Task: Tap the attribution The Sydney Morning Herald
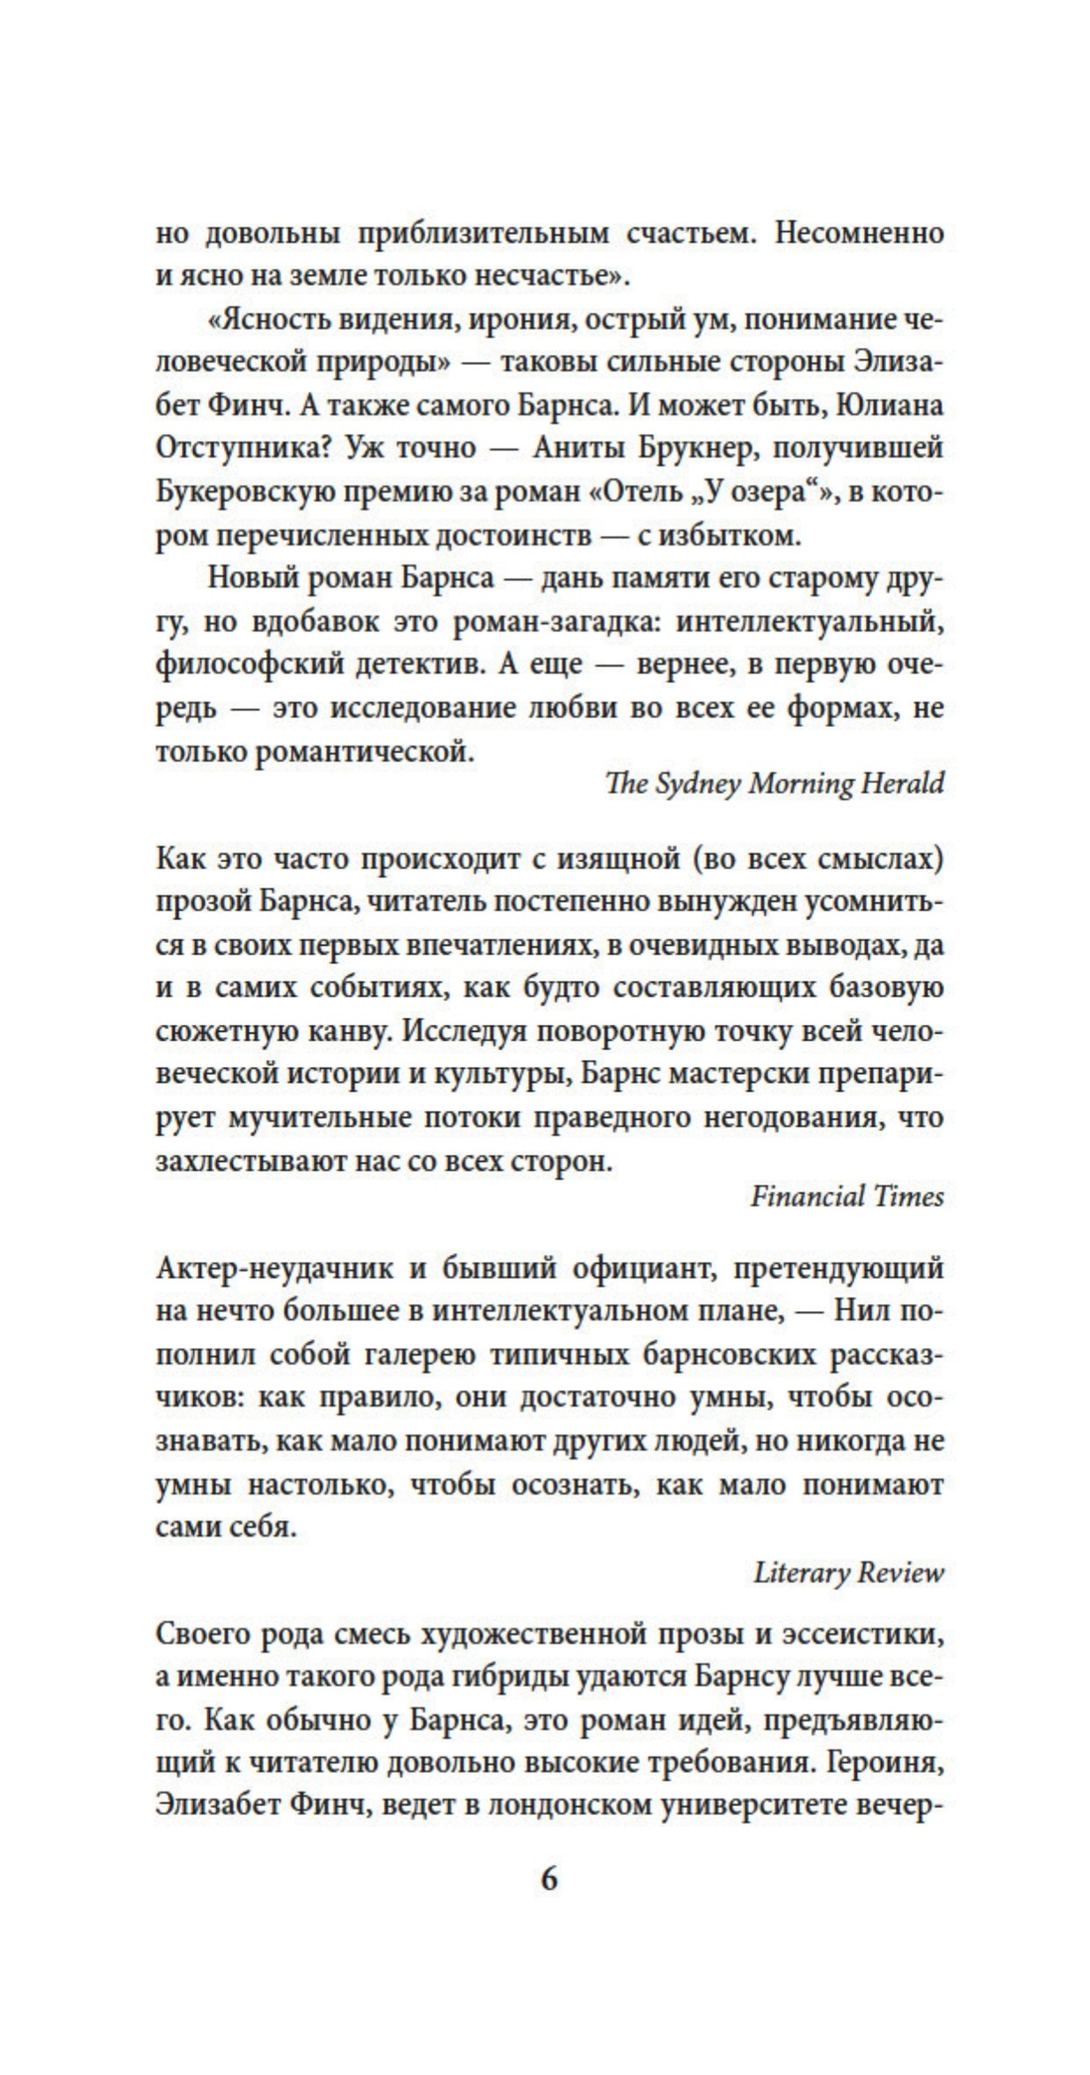(774, 783)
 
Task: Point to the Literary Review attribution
(848, 1573)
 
